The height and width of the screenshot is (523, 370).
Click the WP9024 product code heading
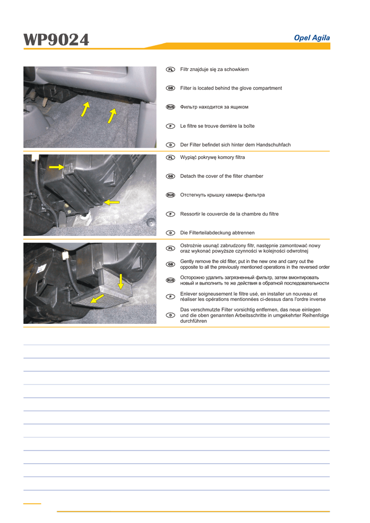[56, 39]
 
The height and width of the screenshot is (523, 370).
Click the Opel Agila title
[312, 38]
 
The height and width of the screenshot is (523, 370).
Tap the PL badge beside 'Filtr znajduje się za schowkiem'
[170, 69]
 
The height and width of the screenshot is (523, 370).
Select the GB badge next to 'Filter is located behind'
[170, 88]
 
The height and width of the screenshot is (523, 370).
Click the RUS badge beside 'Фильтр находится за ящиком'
[170, 107]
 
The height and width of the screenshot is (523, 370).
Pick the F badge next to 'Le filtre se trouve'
[170, 126]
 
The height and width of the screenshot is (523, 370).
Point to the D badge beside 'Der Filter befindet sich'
[170, 145]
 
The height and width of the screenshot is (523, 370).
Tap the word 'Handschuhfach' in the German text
[274, 145]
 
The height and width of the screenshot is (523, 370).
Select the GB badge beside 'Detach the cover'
[170, 176]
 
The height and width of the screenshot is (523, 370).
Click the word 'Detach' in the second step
[189, 176]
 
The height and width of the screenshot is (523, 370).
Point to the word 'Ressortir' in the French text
[192, 214]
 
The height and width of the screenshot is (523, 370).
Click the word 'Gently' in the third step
[188, 261]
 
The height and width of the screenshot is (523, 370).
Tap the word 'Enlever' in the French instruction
[190, 294]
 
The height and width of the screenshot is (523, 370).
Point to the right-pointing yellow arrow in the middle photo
[57, 167]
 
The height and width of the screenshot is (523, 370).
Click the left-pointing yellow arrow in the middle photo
[111, 202]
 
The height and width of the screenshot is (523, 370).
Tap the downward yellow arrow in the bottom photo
[121, 281]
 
